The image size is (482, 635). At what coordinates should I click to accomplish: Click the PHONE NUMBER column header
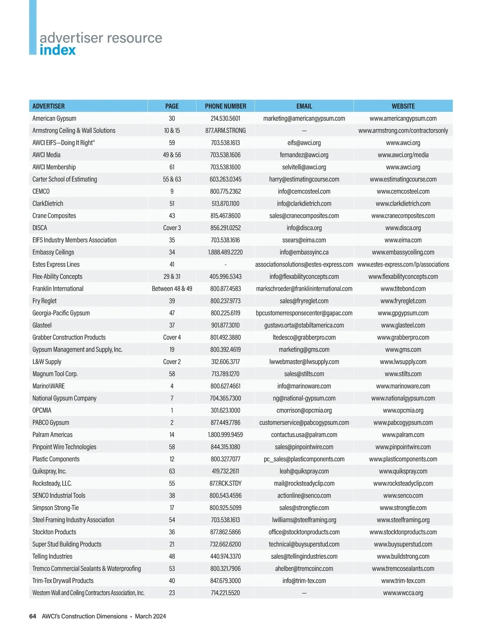coord(225,106)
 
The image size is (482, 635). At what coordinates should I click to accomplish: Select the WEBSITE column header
coord(403,106)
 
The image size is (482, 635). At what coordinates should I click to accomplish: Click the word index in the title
coord(57,50)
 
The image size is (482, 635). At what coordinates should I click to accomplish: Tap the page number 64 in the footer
coord(33,616)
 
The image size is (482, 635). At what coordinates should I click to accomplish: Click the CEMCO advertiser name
coord(41,191)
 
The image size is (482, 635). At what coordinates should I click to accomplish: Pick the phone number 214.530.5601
coord(225,118)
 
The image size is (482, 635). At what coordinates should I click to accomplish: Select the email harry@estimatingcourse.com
coord(304,179)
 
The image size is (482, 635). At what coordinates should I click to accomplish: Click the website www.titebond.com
coord(403,289)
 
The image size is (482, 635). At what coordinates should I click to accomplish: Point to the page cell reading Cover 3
coord(172,228)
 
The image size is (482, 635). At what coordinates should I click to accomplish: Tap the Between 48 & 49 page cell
coord(172,289)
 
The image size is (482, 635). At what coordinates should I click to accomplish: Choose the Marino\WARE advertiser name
coord(49,386)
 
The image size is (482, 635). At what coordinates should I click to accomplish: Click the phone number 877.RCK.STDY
coord(225,483)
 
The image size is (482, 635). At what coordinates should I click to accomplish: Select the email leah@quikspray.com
coord(304,471)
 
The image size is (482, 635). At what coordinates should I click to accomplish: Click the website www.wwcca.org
coord(403,593)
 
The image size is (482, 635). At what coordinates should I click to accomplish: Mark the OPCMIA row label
coord(42,410)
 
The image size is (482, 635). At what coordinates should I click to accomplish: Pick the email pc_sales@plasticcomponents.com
coord(304,459)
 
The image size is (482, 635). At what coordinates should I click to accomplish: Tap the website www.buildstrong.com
coord(403,556)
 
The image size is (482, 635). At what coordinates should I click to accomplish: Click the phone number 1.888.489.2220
coord(225,252)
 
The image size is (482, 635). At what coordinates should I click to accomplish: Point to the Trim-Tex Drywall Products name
coord(63,581)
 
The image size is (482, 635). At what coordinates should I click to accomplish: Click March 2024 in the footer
coord(150,616)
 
